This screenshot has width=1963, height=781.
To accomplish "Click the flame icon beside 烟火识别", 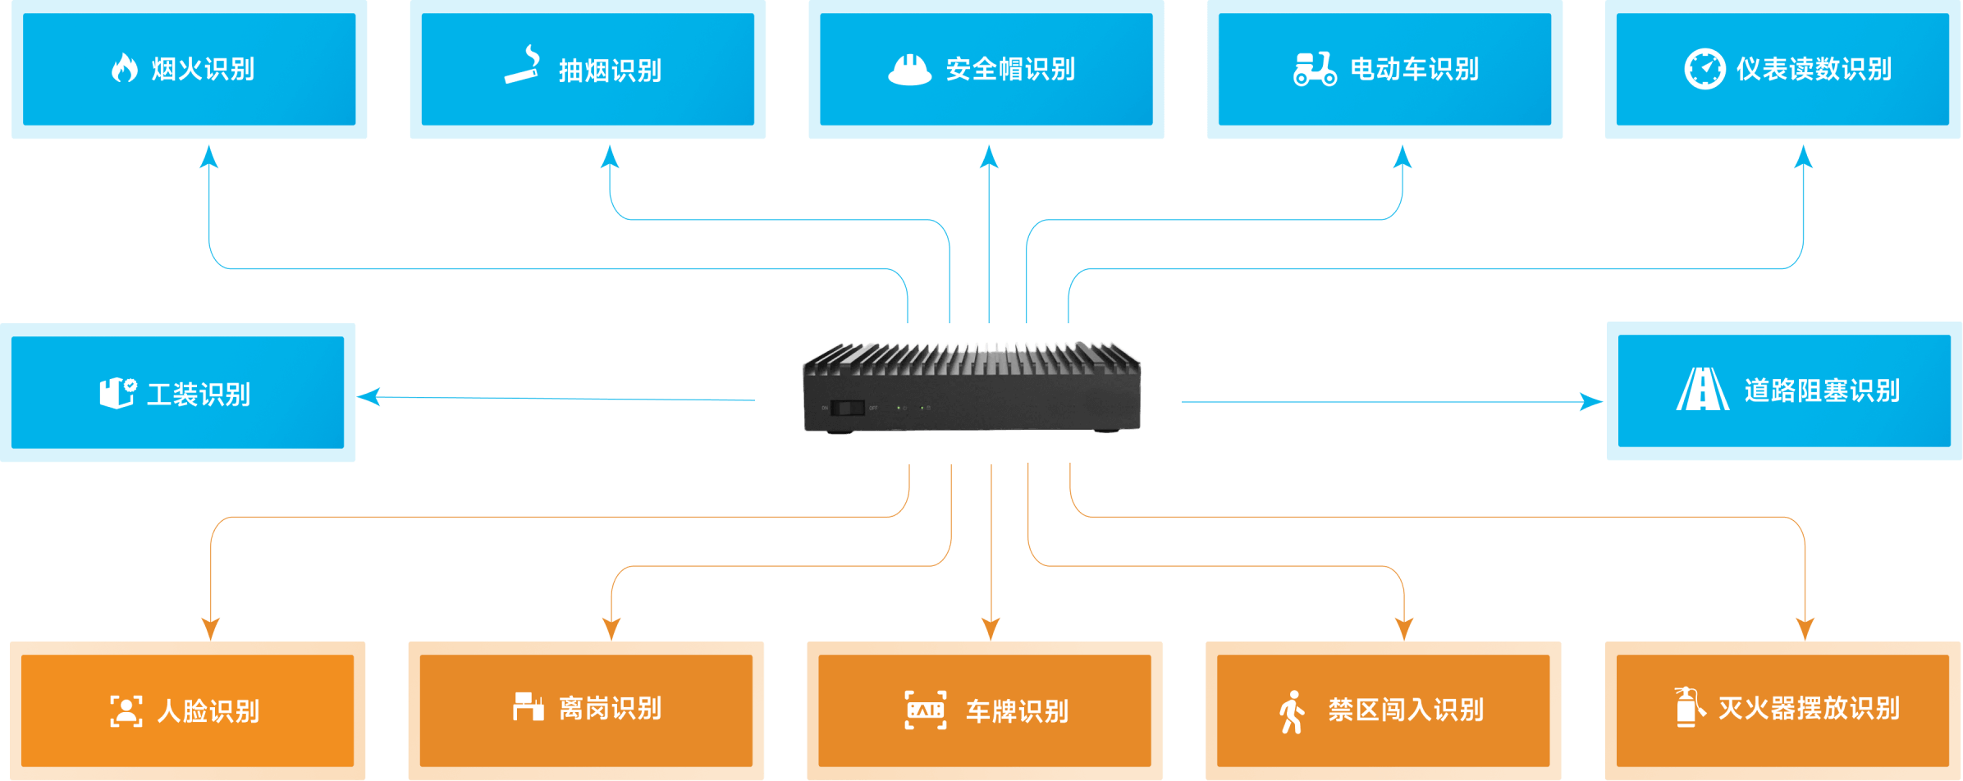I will (125, 68).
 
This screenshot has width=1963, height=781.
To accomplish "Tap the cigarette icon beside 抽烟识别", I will (523, 66).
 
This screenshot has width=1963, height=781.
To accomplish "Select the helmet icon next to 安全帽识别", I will (909, 70).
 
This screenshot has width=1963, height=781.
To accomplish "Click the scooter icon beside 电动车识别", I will (1315, 69).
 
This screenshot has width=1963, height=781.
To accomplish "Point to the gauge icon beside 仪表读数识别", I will (1704, 69).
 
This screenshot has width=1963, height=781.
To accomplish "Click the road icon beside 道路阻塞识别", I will (1702, 389).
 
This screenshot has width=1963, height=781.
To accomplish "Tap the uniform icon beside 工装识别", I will (117, 392).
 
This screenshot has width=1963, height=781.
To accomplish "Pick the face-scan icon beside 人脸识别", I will (126, 710).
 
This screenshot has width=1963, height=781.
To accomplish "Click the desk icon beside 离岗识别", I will (528, 706).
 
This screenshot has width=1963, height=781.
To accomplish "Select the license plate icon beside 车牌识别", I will (925, 710).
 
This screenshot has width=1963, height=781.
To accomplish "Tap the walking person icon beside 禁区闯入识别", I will (1292, 711).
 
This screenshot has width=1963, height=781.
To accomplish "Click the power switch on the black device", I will (847, 408).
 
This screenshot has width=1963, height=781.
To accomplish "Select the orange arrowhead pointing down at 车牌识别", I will (991, 629).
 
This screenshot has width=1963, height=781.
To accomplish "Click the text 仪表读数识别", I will (1814, 70).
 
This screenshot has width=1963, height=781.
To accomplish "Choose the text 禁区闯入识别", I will (1406, 710).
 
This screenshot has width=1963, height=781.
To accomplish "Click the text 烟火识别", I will (203, 70).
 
